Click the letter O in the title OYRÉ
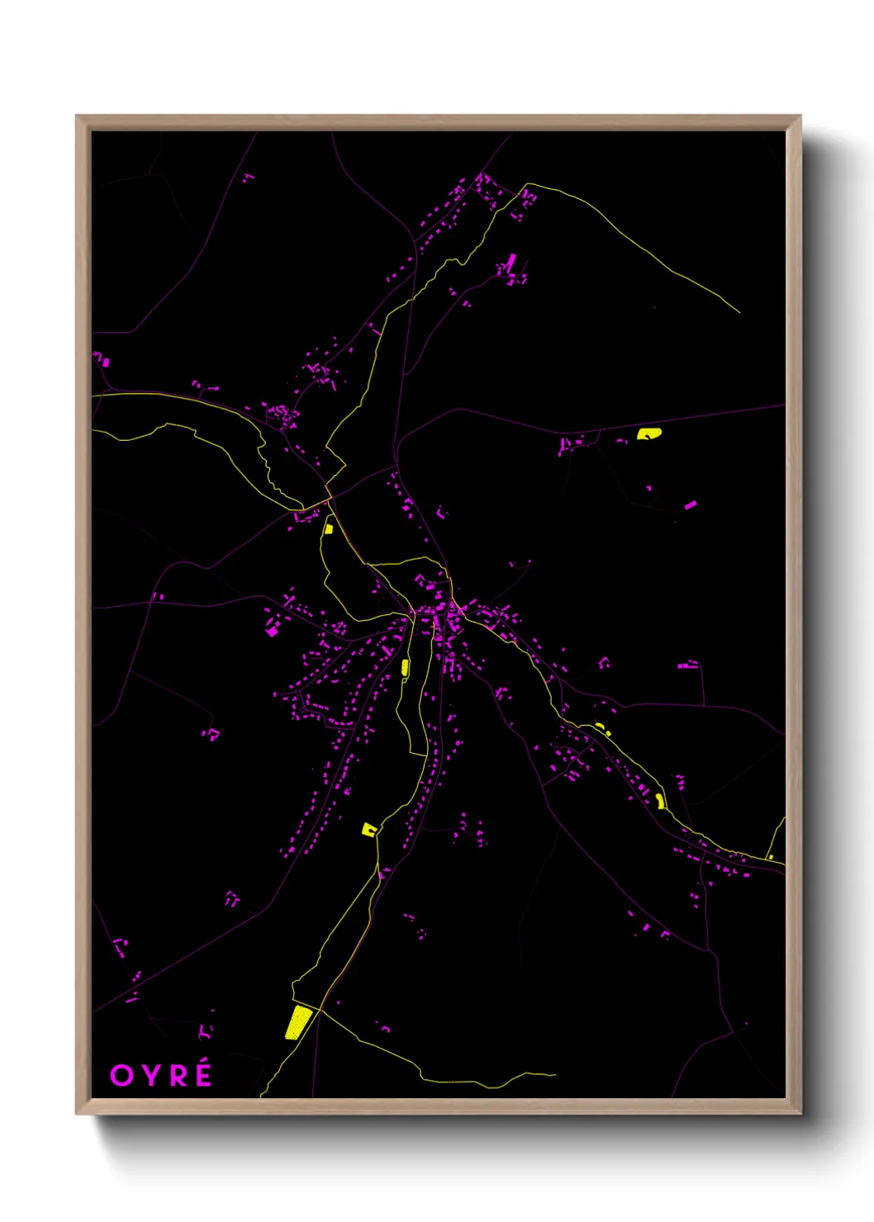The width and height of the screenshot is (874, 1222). point(121,1075)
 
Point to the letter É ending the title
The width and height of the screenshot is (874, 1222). point(202,1075)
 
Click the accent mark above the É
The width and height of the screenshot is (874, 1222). point(205,1064)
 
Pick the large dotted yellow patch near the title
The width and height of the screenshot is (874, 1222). point(298,1022)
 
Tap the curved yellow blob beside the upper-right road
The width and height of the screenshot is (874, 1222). point(648,433)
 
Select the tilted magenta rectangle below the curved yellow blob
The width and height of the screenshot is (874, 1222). point(691,504)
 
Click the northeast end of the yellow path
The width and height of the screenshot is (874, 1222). point(739,313)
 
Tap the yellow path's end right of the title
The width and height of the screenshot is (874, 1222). point(555,1075)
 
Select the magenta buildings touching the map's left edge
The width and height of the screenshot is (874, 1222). point(101,359)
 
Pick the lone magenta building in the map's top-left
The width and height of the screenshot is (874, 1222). point(247,177)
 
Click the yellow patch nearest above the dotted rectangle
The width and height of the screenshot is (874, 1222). point(369,829)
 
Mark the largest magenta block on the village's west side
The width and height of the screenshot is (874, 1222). point(272,631)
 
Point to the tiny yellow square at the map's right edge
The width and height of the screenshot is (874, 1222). point(771,857)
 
